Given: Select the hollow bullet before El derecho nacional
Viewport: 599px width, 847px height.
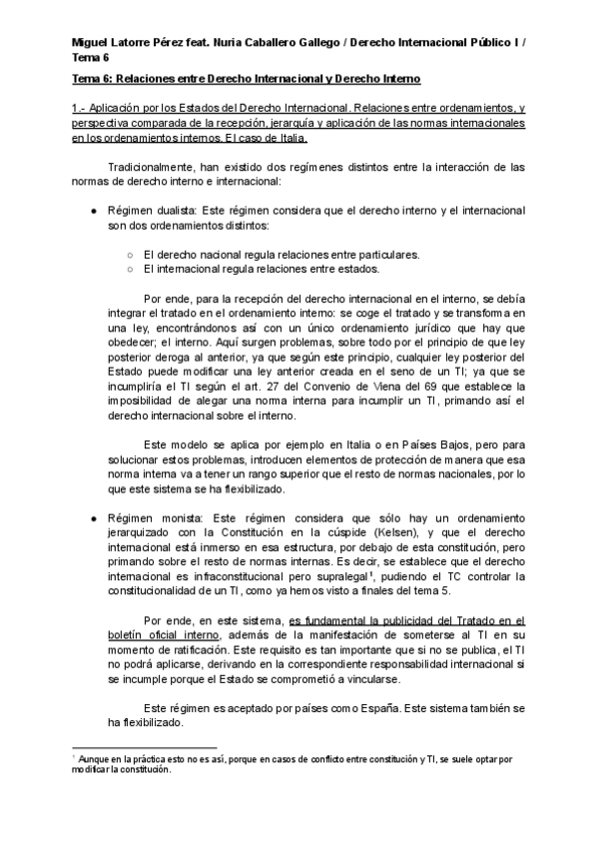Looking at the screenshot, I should click(130, 254).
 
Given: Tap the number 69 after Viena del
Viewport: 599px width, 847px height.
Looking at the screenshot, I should click(435, 385).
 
